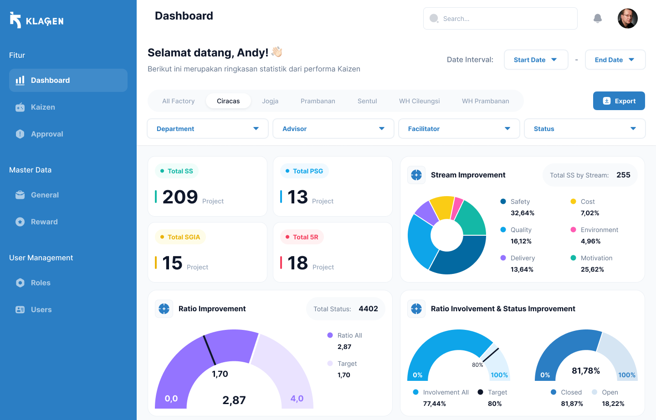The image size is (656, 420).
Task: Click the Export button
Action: tap(619, 101)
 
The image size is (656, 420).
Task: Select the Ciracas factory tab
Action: tap(228, 101)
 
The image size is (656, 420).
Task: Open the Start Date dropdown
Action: tap(536, 60)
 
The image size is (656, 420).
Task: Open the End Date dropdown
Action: tap(615, 60)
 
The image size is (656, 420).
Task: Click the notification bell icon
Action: tap(598, 18)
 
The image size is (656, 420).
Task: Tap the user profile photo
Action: tap(627, 18)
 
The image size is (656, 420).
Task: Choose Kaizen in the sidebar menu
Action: tap(43, 107)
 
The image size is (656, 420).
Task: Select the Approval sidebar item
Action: tap(47, 134)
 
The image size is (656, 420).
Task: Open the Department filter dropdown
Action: tap(208, 129)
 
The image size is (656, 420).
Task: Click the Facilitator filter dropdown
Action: tap(459, 129)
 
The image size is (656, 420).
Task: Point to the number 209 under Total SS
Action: tap(180, 197)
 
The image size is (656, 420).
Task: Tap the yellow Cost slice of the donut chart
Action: tap(442, 207)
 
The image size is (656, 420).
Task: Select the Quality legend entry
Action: tap(521, 230)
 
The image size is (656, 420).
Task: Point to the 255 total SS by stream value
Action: tap(623, 175)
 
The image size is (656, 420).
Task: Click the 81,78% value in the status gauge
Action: tap(586, 371)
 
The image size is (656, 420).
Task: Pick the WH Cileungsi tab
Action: tap(419, 101)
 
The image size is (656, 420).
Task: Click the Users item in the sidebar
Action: tap(41, 309)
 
